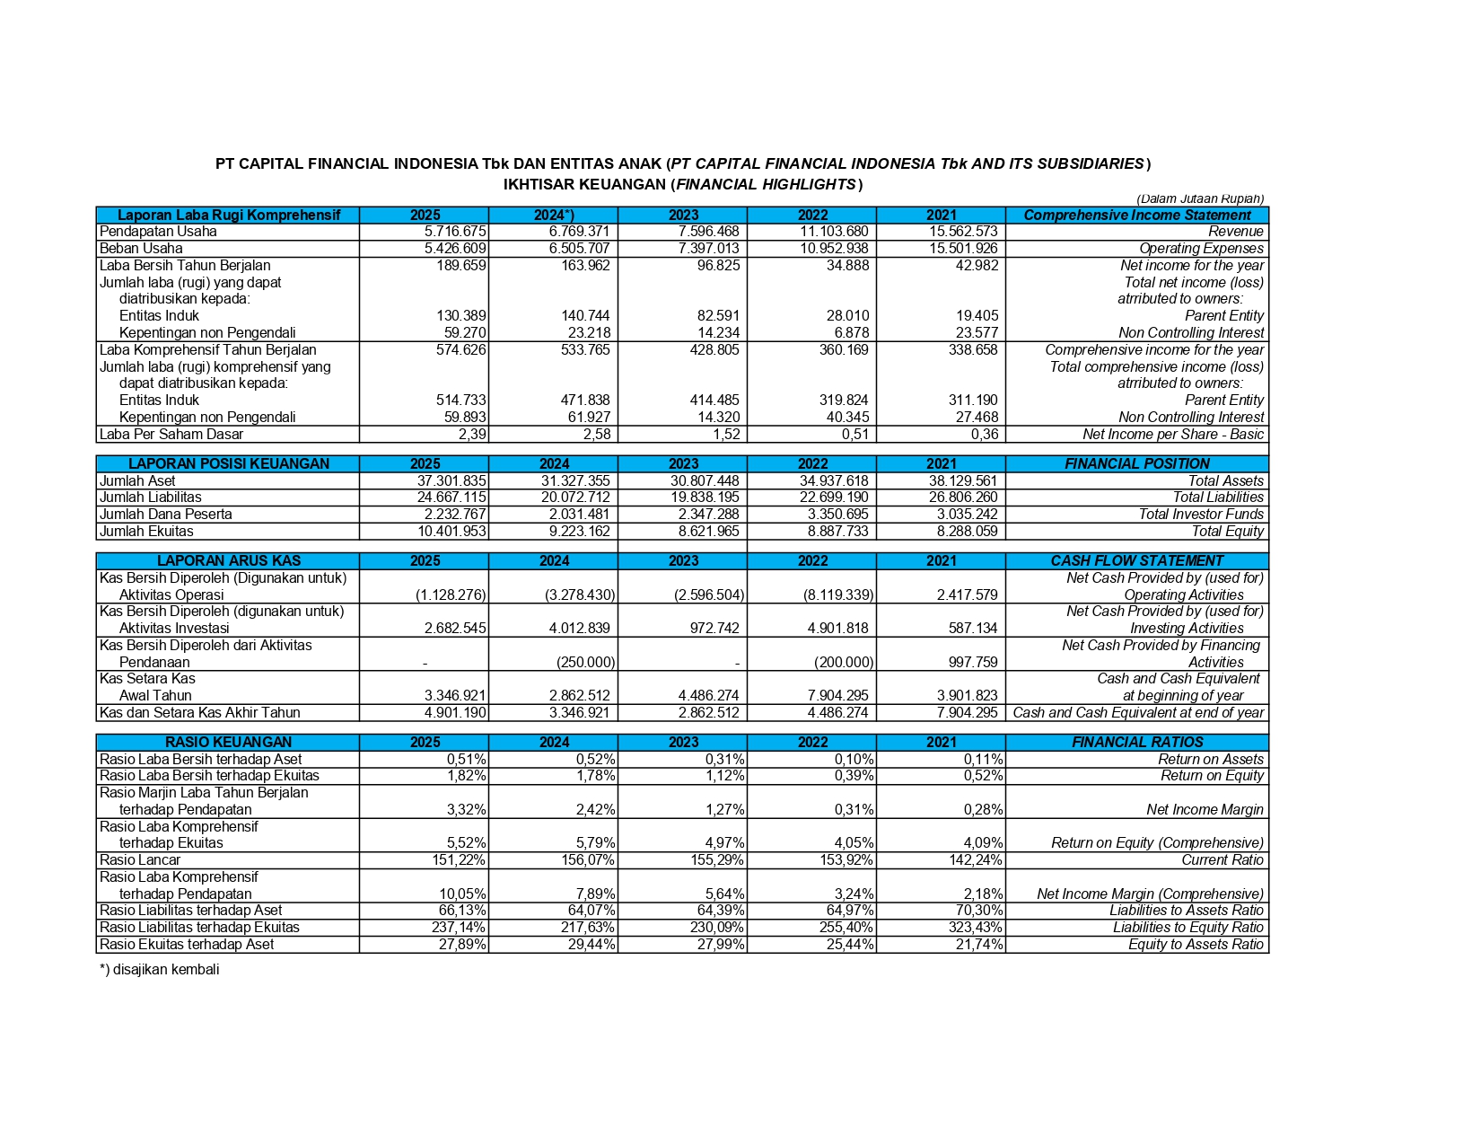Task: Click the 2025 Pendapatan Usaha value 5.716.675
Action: pos(455,232)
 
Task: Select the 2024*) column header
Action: pos(554,216)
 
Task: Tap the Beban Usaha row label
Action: pos(141,249)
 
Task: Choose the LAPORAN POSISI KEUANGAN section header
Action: pos(228,464)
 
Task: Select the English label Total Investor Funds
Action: pos(1200,515)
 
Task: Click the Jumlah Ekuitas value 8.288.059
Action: pos(967,532)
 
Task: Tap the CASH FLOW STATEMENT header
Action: pos(1136,561)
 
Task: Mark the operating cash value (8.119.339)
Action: pos(839,595)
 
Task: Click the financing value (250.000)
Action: pos(585,663)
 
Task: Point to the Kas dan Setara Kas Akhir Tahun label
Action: pos(199,713)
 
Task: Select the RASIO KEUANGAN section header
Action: pos(228,743)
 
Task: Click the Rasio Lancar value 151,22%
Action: pos(459,860)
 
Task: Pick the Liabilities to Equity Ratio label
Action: pos(1187,928)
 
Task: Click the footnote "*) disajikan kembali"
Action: pos(160,970)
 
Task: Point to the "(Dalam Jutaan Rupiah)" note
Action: pos(1199,199)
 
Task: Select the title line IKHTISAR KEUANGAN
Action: pos(682,185)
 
